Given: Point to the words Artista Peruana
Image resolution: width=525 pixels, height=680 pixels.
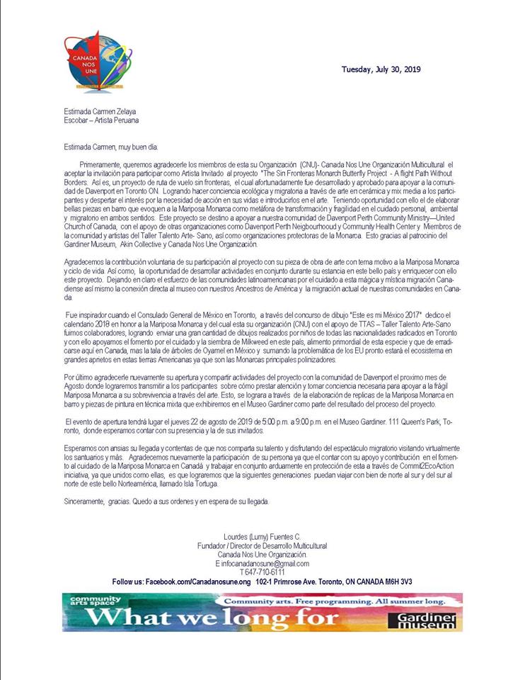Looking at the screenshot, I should click(114, 120).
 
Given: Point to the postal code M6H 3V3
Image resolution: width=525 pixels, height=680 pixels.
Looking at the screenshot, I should click(396, 581).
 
